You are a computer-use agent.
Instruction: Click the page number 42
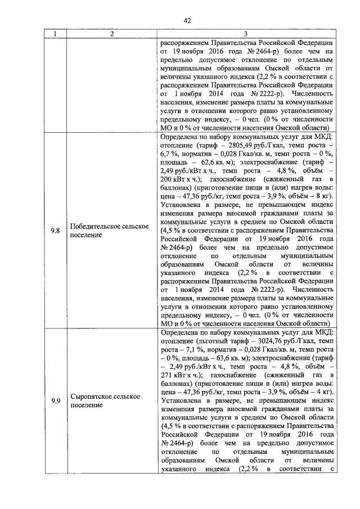[180, 21]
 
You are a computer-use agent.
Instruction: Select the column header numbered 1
[55, 35]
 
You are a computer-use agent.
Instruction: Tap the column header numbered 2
[112, 35]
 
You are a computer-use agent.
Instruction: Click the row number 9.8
[55, 231]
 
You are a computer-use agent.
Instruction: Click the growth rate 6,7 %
[171, 153]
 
